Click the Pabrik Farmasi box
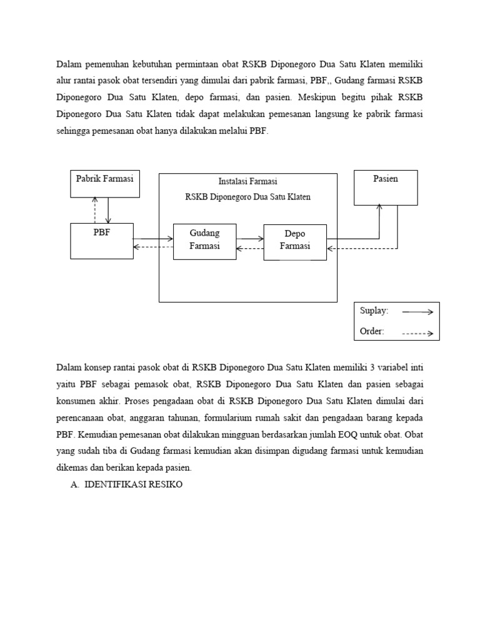pos(104,183)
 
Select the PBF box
pos(101,240)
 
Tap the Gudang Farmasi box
pos(204,241)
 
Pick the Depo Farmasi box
pos(295,242)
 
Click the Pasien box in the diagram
pos(386,187)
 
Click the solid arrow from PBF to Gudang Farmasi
pos(152,238)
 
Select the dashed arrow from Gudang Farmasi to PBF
pos(152,247)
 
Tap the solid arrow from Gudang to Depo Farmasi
pos(250,238)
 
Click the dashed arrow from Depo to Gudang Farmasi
pos(250,248)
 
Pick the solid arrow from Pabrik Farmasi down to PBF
pos(108,210)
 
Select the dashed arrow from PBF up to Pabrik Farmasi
pos(95,210)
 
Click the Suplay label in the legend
pos(374,311)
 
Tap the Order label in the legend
pos(372,331)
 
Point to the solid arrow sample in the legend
pos(417,311)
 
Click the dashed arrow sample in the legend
pos(417,334)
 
